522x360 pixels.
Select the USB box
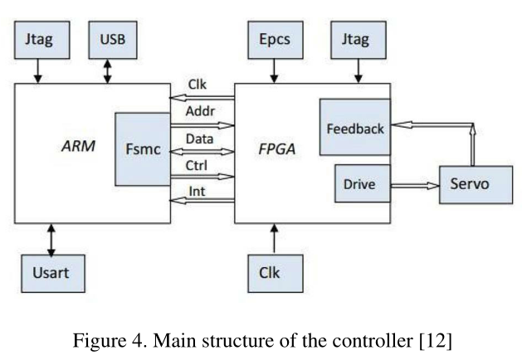pyautogui.click(x=112, y=39)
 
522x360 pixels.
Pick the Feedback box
pyautogui.click(x=355, y=129)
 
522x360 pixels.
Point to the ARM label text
pyautogui.click(x=78, y=147)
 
